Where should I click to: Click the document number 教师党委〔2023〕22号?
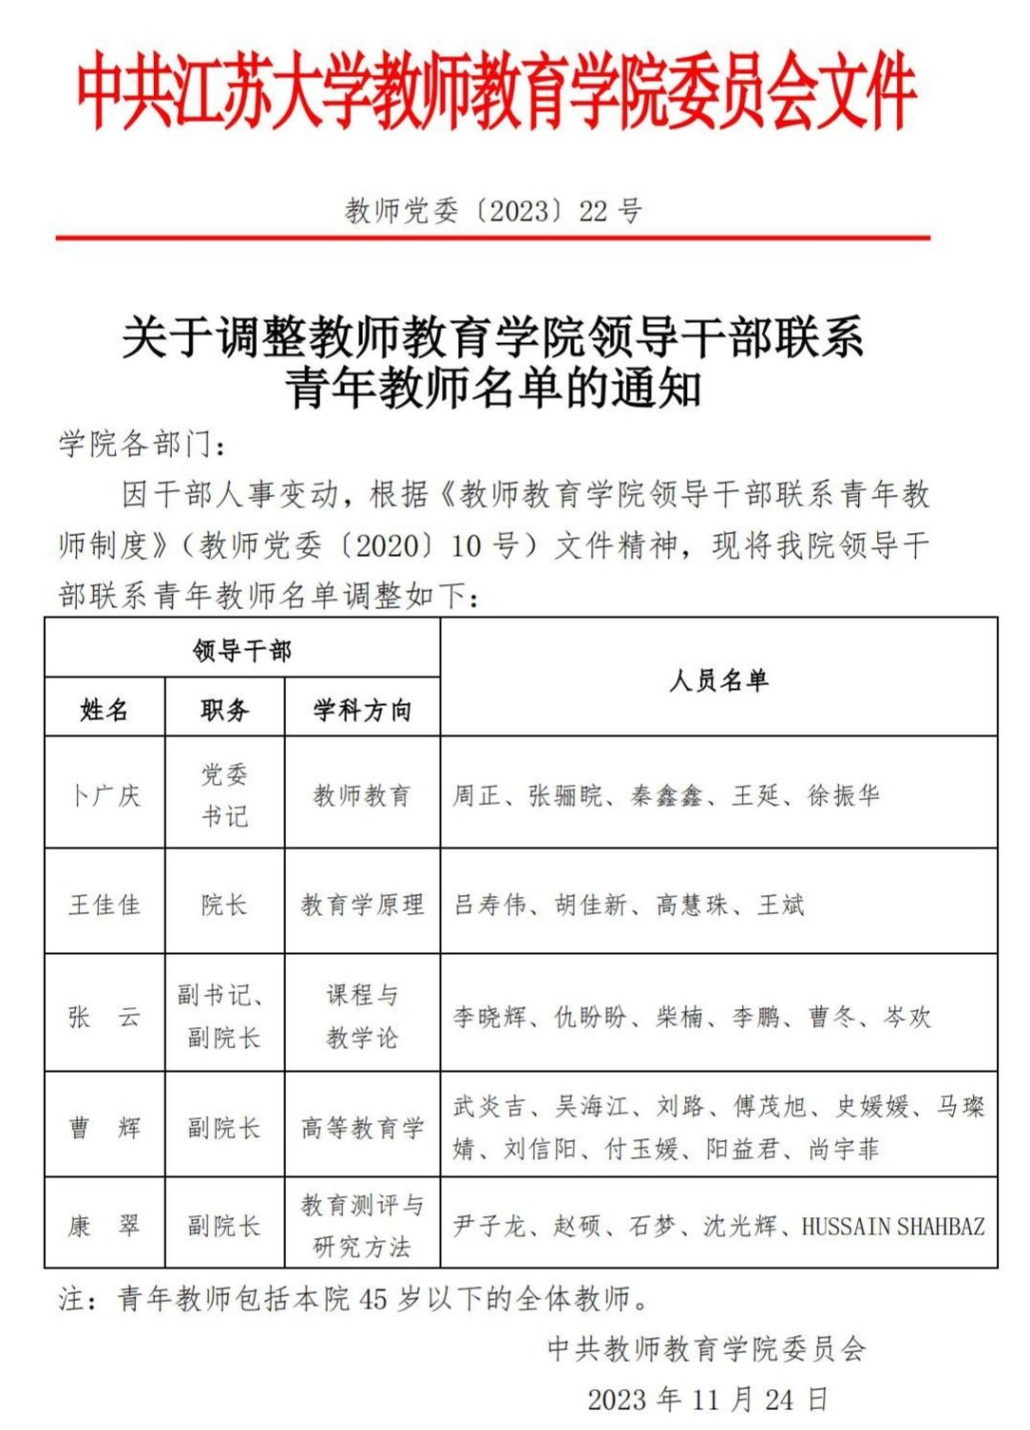click(x=492, y=210)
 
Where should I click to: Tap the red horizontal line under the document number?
click(x=492, y=237)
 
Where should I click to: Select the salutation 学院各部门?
click(x=142, y=444)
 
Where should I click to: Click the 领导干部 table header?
click(x=241, y=650)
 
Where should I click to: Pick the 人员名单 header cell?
click(x=718, y=679)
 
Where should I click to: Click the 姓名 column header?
click(x=105, y=709)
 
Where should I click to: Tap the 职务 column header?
click(x=225, y=709)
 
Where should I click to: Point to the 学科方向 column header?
click(x=362, y=709)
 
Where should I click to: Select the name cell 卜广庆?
click(x=105, y=794)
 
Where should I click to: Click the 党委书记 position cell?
click(x=225, y=794)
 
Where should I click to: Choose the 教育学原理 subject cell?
click(x=362, y=904)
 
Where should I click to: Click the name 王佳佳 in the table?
click(x=105, y=904)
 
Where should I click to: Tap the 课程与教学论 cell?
click(x=362, y=1016)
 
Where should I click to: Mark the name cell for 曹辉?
click(x=105, y=1127)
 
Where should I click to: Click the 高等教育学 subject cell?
click(x=362, y=1127)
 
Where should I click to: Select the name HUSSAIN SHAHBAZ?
click(x=893, y=1226)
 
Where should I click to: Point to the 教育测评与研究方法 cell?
click(x=362, y=1226)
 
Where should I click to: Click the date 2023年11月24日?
click(x=707, y=1399)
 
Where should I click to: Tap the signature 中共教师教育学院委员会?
click(x=707, y=1348)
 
